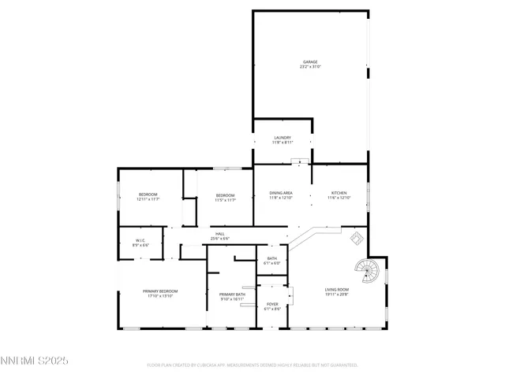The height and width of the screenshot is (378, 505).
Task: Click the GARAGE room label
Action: pos(310,61)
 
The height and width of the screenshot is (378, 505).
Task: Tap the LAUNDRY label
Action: pos(283,137)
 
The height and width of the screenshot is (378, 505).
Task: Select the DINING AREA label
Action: pos(282,193)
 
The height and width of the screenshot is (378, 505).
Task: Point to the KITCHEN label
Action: pos(339,193)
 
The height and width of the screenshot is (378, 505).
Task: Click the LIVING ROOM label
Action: pos(337,290)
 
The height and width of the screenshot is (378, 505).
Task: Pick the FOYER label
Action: pos(271,304)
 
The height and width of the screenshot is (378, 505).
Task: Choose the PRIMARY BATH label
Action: pos(232,295)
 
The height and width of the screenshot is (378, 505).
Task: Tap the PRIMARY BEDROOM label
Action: pos(160,291)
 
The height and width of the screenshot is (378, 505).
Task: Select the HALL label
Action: pos(219,234)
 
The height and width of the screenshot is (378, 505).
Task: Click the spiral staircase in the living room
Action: pos(366,272)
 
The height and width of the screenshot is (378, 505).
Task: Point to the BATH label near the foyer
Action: pos(271,258)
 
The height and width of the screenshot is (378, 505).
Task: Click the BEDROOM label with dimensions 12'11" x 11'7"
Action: pos(148,195)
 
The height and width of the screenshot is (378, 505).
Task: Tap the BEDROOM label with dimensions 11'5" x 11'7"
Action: pos(226,195)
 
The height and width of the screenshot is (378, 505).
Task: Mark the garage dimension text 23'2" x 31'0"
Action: pos(310,66)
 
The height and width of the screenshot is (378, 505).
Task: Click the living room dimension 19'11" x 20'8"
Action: pos(337,295)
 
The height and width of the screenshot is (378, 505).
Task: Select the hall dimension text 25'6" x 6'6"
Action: pos(219,239)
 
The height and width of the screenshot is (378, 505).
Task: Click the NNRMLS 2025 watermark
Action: pos(35,361)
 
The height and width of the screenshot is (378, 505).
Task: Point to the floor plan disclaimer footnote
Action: pos(252,365)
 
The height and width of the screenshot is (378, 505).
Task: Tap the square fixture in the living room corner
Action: pos(357,238)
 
